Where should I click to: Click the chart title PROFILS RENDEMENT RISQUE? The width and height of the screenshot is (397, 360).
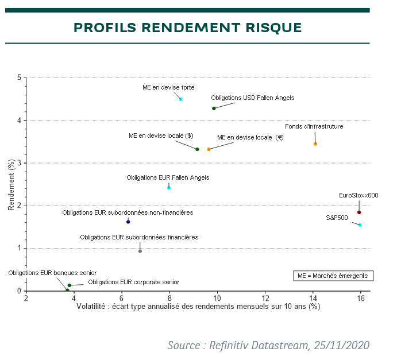(187, 28)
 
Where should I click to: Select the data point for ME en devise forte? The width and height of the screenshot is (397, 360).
(180, 99)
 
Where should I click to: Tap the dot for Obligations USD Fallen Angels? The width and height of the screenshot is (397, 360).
(214, 108)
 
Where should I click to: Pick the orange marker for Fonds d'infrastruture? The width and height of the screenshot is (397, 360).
(315, 144)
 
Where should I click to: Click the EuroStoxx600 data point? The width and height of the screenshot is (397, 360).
(359, 212)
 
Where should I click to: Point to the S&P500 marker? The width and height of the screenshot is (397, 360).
(360, 225)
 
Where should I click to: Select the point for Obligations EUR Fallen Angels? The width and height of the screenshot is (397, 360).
(169, 188)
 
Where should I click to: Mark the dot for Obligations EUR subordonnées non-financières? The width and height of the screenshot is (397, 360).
(128, 222)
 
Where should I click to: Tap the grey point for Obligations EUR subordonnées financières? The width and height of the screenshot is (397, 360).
(140, 251)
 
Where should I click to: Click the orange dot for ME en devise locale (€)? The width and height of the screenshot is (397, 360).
(209, 149)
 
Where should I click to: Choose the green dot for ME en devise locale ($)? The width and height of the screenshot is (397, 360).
(197, 149)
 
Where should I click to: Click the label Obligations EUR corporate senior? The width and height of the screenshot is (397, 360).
(133, 282)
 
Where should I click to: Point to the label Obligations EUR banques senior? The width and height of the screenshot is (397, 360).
(52, 273)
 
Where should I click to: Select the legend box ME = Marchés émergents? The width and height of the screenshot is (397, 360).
(333, 276)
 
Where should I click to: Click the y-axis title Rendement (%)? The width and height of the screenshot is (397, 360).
(11, 184)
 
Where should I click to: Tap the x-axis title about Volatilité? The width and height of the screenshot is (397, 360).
(198, 307)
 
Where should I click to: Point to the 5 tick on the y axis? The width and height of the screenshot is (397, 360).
(20, 78)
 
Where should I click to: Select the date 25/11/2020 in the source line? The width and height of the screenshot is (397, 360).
(340, 345)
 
